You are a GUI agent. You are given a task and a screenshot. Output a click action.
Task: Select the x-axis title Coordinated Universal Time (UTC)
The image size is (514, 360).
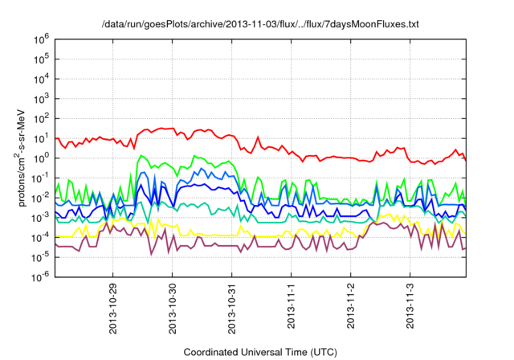pos(259,352)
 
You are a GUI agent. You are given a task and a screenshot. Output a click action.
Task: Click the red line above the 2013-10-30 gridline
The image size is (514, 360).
pos(173,129)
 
